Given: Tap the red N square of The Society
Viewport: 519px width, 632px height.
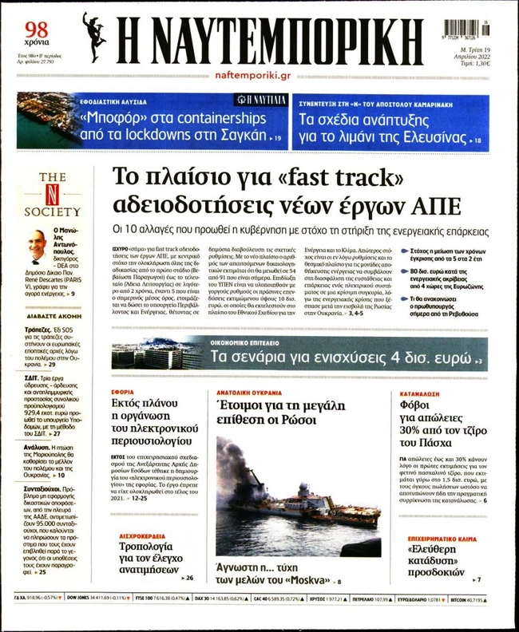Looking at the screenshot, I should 52,195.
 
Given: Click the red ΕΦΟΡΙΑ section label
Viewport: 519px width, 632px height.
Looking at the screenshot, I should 122,393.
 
